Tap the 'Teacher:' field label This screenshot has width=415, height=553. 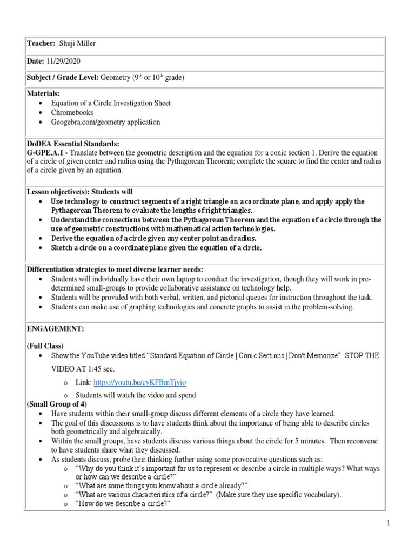tap(41, 44)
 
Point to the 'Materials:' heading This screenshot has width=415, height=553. tap(43, 94)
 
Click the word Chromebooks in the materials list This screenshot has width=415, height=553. tap(72, 112)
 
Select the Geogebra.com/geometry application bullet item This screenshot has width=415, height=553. tap(105, 122)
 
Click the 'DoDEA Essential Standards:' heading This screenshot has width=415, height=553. tap(72, 143)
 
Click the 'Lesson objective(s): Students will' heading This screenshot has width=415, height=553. tap(79, 192)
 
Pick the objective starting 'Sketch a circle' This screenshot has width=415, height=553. tap(156, 248)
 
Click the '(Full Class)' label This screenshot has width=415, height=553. tap(45, 346)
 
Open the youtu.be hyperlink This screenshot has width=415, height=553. tap(139, 382)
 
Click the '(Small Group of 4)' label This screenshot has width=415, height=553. tap(57, 404)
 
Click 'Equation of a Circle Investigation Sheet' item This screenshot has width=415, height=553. tap(111, 103)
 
